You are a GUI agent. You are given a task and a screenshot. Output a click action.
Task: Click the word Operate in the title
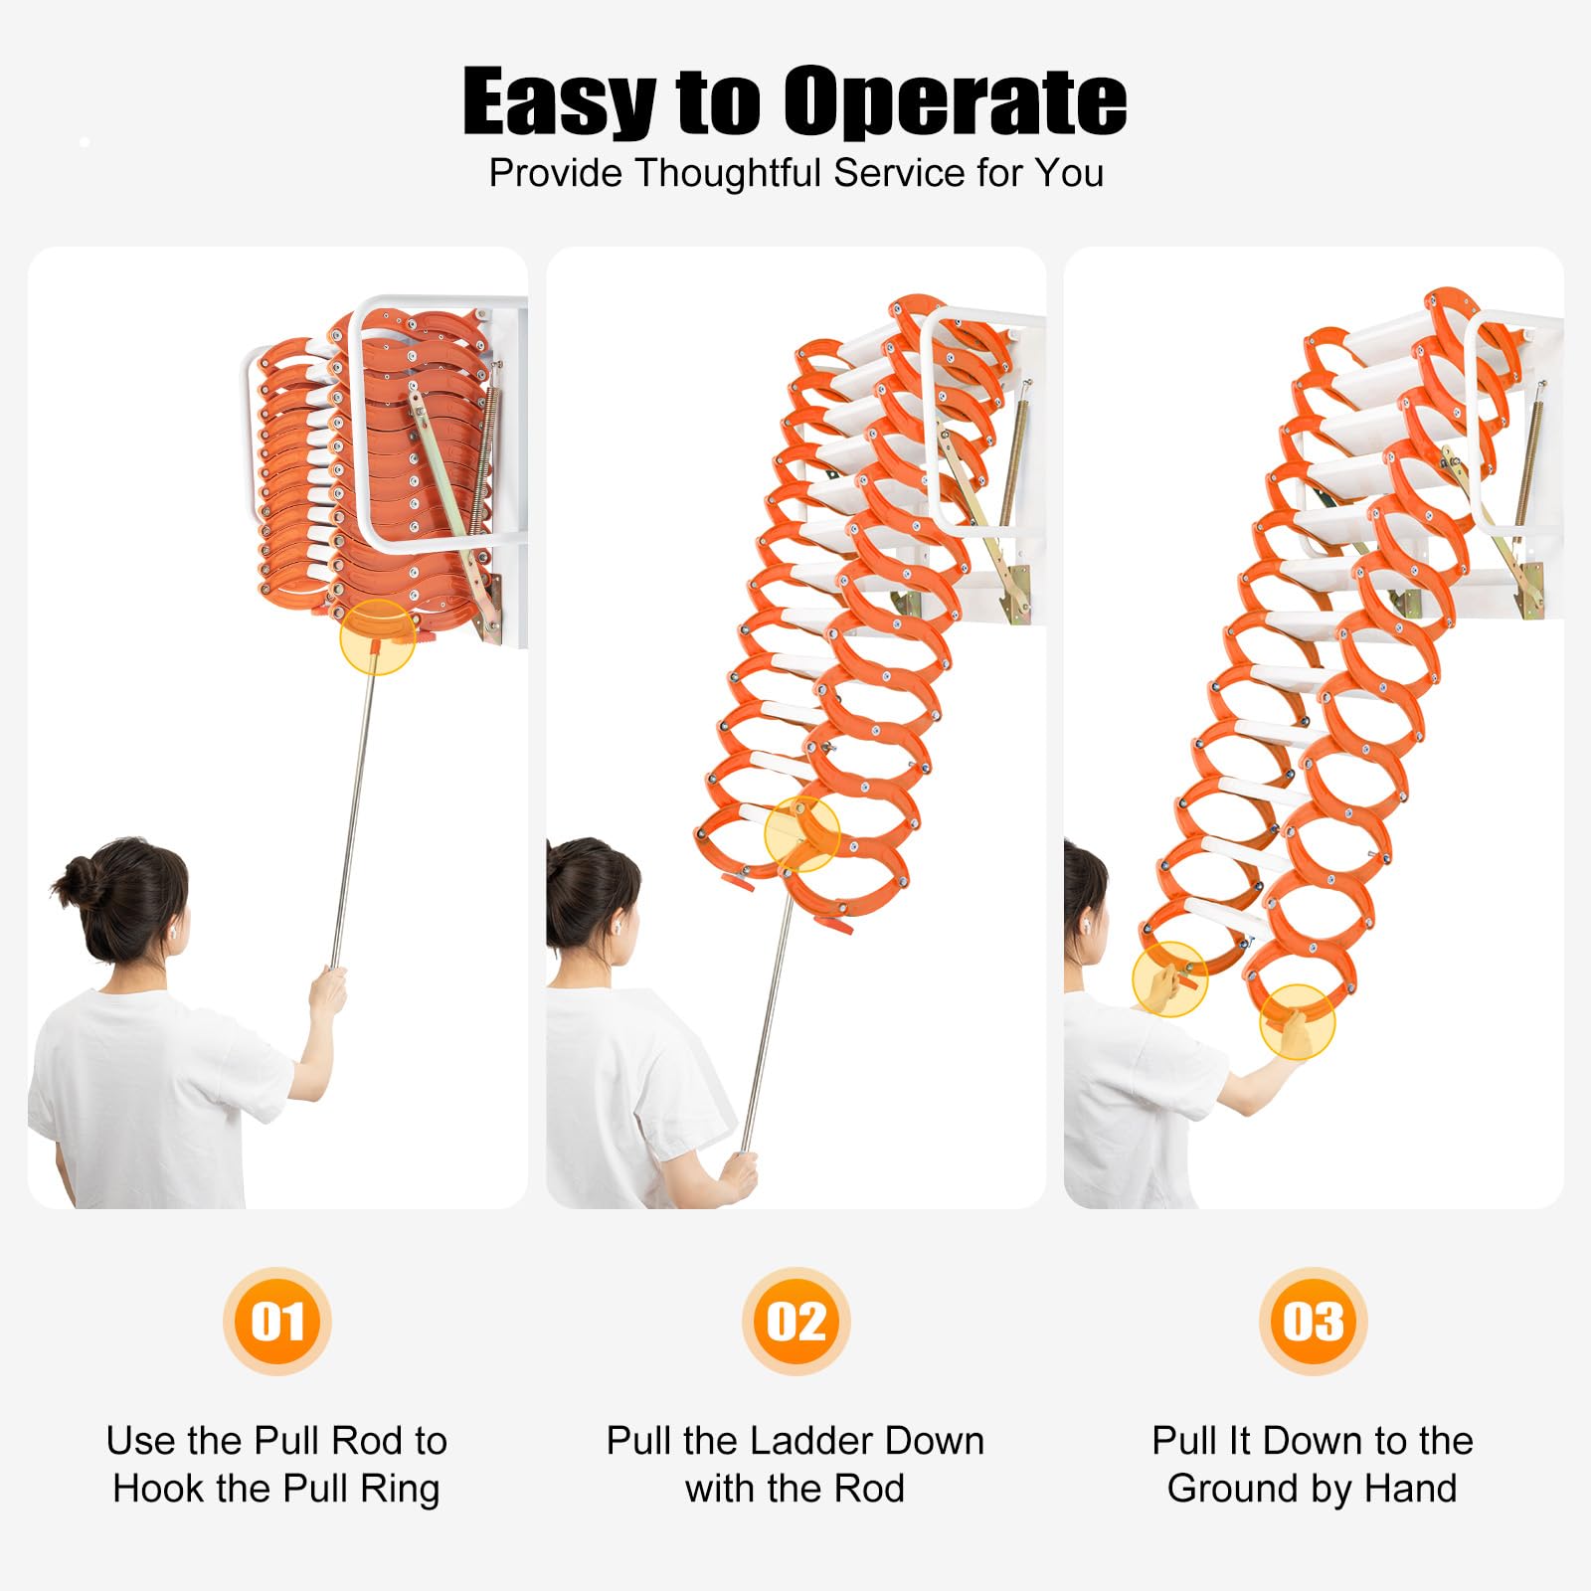click(955, 100)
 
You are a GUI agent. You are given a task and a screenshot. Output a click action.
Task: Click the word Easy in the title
click(560, 102)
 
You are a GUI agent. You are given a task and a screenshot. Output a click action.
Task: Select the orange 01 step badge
click(277, 1322)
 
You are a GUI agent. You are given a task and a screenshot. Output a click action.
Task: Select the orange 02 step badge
click(795, 1322)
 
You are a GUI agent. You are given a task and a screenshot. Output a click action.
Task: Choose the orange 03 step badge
click(1313, 1322)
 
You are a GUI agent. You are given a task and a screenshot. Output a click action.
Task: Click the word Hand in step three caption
click(1411, 1489)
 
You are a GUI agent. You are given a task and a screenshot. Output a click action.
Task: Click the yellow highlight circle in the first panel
click(378, 637)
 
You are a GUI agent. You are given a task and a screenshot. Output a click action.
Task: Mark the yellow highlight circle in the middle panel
click(802, 833)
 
